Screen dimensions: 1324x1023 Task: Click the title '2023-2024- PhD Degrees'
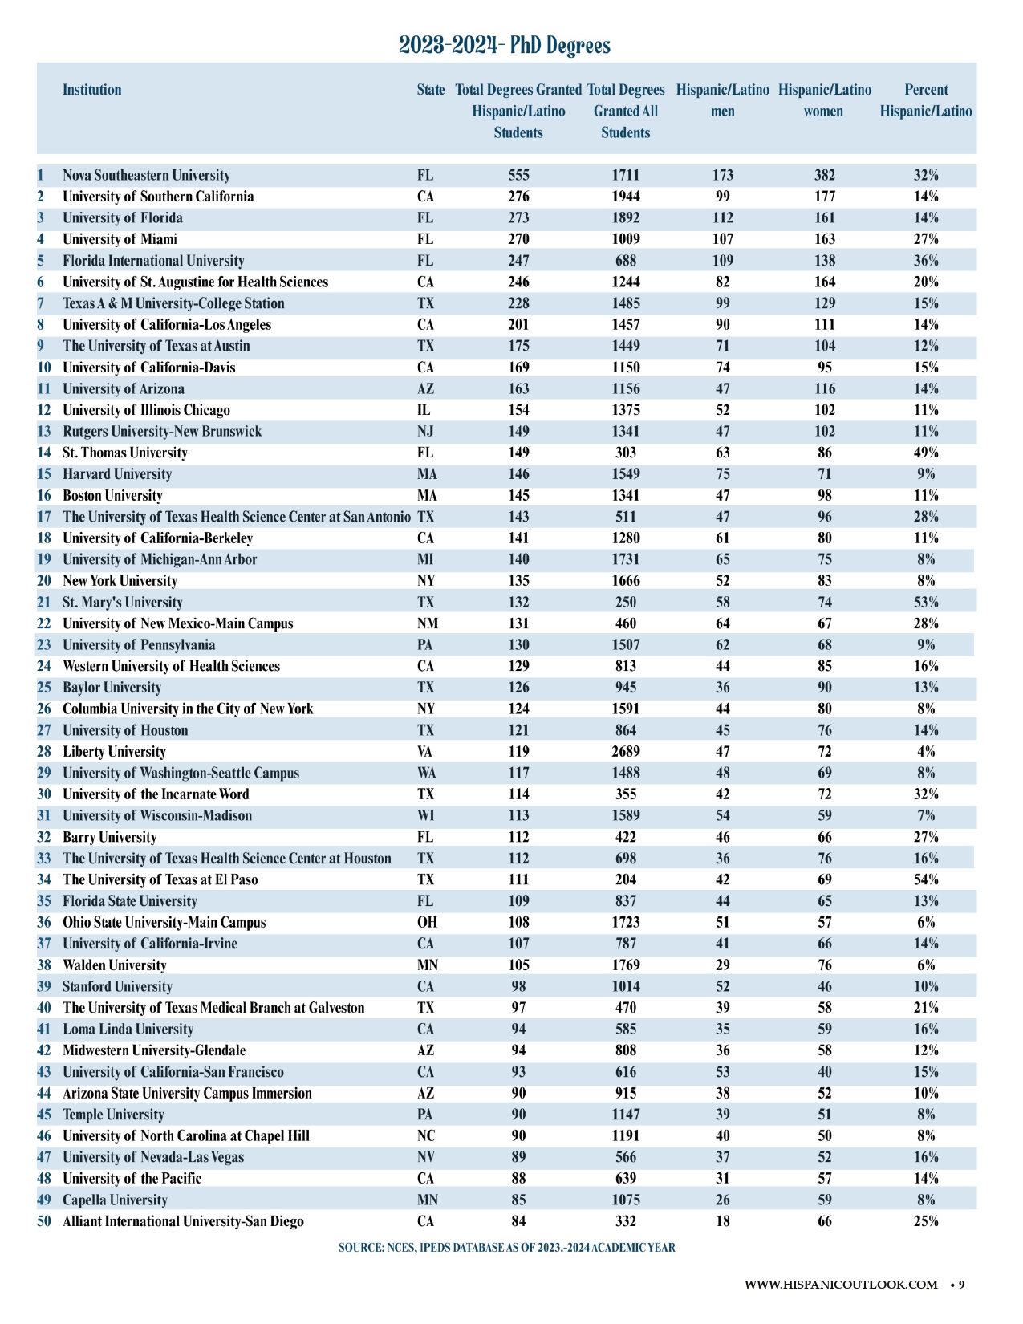505,45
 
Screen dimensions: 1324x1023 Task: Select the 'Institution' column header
92,90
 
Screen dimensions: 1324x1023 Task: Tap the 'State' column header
431,90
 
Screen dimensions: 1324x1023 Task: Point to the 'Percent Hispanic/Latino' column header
926,101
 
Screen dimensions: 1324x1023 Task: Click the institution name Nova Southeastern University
146,176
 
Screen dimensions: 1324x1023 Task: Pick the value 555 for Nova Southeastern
518,176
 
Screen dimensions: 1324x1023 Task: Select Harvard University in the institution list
117,474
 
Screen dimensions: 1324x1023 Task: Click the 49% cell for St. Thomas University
926,453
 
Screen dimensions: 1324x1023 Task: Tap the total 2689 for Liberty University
626,752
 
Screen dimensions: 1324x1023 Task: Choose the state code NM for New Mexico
427,623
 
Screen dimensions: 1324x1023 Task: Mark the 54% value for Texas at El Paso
926,880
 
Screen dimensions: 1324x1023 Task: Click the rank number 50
44,1221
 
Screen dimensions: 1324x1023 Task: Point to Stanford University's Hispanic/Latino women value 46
824,987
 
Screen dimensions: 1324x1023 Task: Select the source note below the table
506,1248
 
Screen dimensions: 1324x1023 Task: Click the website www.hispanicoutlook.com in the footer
841,1285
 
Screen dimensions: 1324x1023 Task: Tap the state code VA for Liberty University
425,752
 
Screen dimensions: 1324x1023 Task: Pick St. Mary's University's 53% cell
926,603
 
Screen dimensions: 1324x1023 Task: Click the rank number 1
41,176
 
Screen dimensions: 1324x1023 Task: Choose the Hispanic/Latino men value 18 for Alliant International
723,1221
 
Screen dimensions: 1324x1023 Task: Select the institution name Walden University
115,965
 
